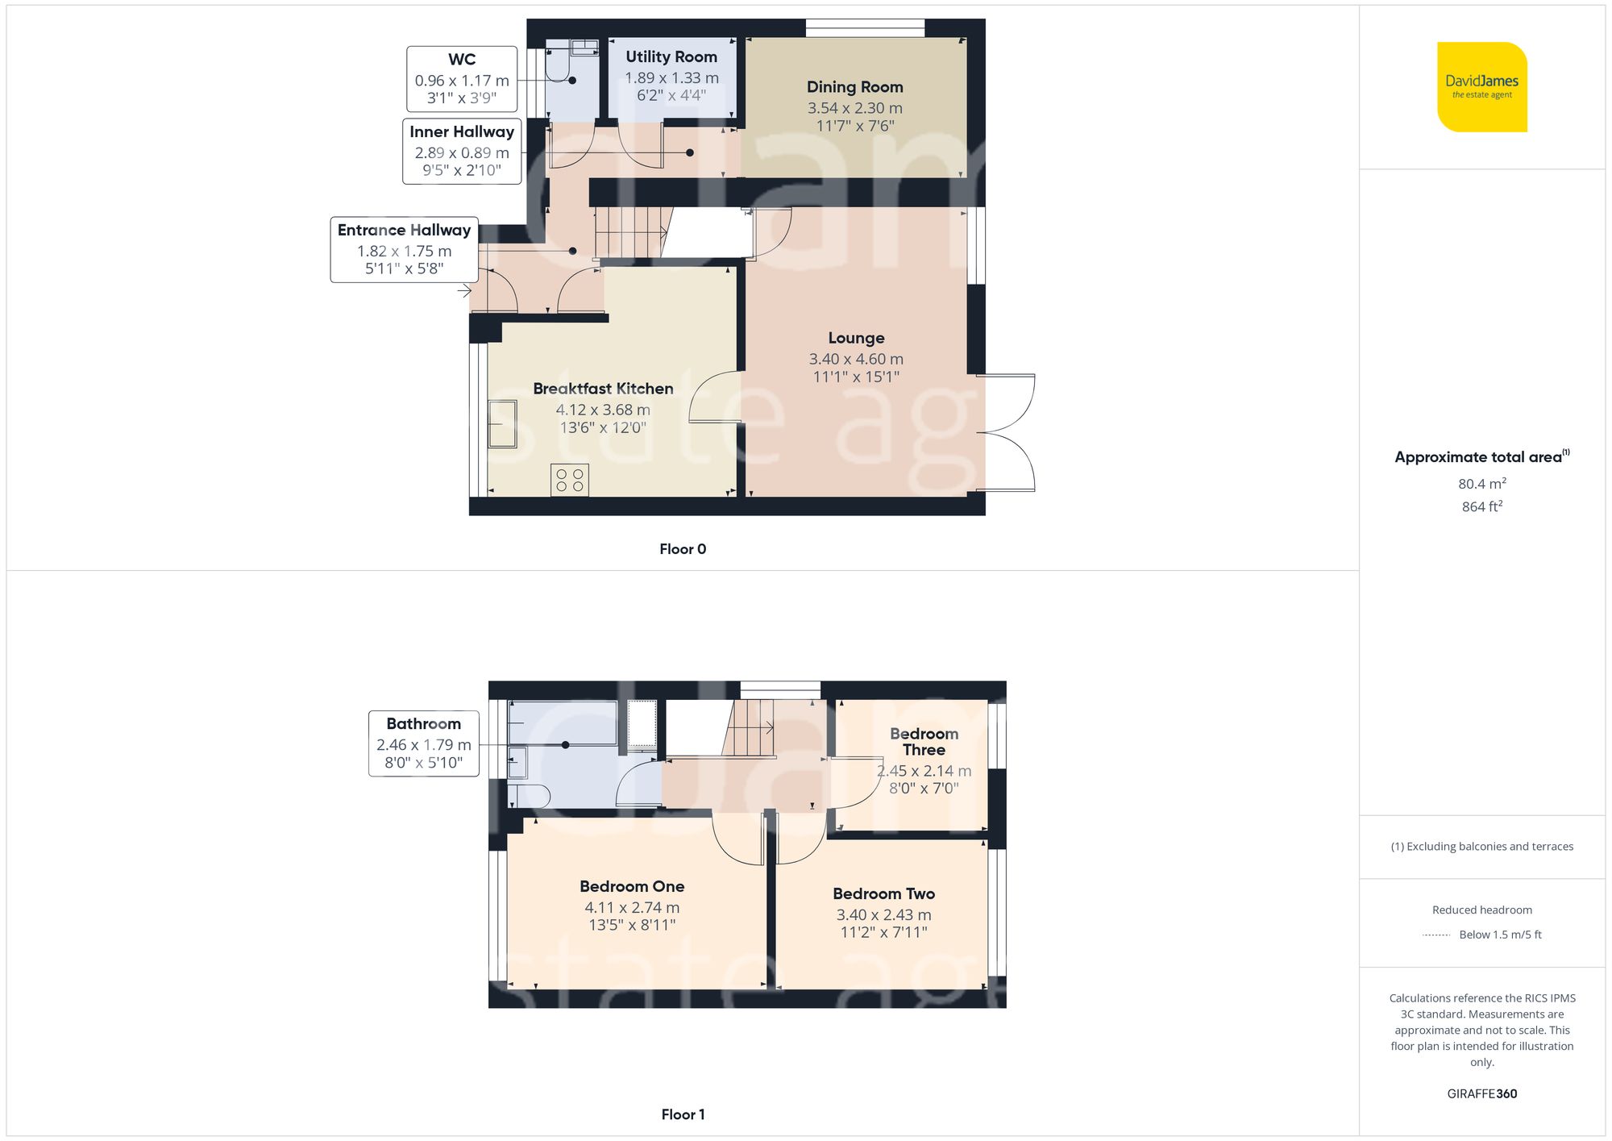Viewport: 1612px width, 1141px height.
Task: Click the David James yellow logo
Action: (1481, 87)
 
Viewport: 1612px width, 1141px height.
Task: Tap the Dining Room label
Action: (854, 87)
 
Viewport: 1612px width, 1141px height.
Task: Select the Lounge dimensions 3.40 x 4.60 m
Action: (855, 359)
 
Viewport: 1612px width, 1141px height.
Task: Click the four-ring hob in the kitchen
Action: (570, 480)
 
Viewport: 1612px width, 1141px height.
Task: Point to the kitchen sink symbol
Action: (502, 423)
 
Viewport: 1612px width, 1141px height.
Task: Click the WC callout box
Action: (462, 79)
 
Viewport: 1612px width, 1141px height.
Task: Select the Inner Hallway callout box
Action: (462, 152)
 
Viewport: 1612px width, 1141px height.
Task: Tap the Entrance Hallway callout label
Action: (404, 231)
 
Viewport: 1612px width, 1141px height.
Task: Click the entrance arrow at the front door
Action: (465, 291)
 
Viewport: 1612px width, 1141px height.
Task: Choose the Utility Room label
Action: (671, 57)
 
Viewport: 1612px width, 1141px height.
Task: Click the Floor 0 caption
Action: (682, 549)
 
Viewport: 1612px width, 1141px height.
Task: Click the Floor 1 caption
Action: (682, 1114)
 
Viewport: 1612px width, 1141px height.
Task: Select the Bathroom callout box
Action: (423, 743)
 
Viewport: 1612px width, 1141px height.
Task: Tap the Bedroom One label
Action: (632, 886)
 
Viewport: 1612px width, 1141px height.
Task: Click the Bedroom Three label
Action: (924, 741)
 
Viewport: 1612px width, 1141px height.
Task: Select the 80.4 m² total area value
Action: (1481, 484)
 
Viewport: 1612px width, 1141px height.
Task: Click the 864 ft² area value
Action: (1481, 506)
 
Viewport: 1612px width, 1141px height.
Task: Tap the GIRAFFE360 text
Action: (1481, 1094)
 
